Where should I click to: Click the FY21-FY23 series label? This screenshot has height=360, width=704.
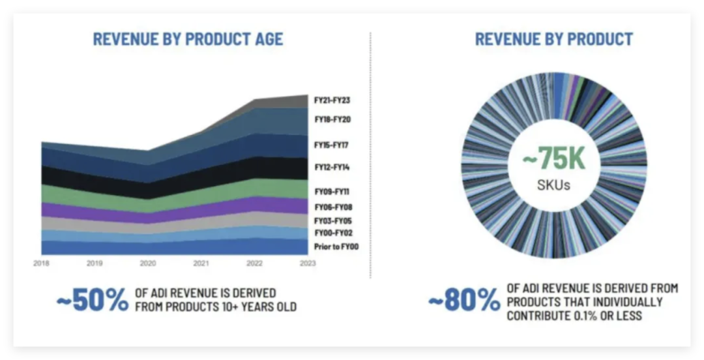pos(332,100)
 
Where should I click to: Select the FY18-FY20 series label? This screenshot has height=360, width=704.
pos(332,120)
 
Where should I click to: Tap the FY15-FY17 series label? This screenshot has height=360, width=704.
pos(332,145)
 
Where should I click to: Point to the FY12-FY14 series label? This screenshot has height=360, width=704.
pos(332,168)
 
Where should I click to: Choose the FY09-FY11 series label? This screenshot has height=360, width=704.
pos(332,192)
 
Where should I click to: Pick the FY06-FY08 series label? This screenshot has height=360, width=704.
pos(332,207)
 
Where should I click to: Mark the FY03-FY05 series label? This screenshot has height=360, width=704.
pos(332,220)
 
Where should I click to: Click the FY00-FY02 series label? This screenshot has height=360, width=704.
pos(332,233)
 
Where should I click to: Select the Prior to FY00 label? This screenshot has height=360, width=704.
pos(336,247)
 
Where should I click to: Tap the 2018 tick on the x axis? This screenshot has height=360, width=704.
pos(41,263)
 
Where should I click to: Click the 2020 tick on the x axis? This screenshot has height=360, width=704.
pos(148,263)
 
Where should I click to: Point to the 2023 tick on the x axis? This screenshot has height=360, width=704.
pos(307,263)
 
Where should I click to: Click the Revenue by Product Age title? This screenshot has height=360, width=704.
pos(188,39)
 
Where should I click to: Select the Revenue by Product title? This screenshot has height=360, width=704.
pos(553,39)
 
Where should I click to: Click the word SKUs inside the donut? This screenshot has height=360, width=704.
pos(554,185)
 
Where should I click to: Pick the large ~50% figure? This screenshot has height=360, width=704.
pos(93,300)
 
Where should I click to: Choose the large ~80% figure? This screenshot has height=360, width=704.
pos(463,300)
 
